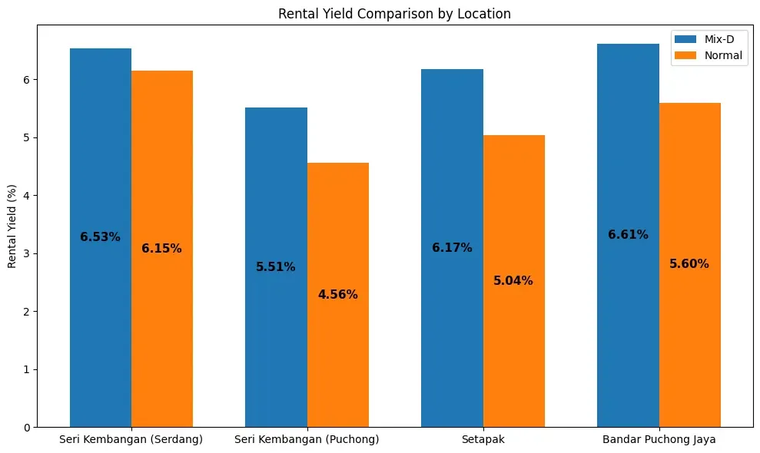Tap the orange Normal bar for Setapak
(513, 346)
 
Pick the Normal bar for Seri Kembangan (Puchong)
(338, 361)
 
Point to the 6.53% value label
(100, 237)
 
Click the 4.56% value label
(338, 295)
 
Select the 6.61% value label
(628, 235)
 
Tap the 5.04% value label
(513, 281)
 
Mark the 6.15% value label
(161, 249)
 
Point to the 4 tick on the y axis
(28, 196)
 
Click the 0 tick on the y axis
(28, 428)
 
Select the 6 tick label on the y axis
(28, 80)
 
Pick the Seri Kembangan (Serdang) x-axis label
(131, 439)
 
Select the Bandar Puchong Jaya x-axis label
(659, 439)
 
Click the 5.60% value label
(689, 264)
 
